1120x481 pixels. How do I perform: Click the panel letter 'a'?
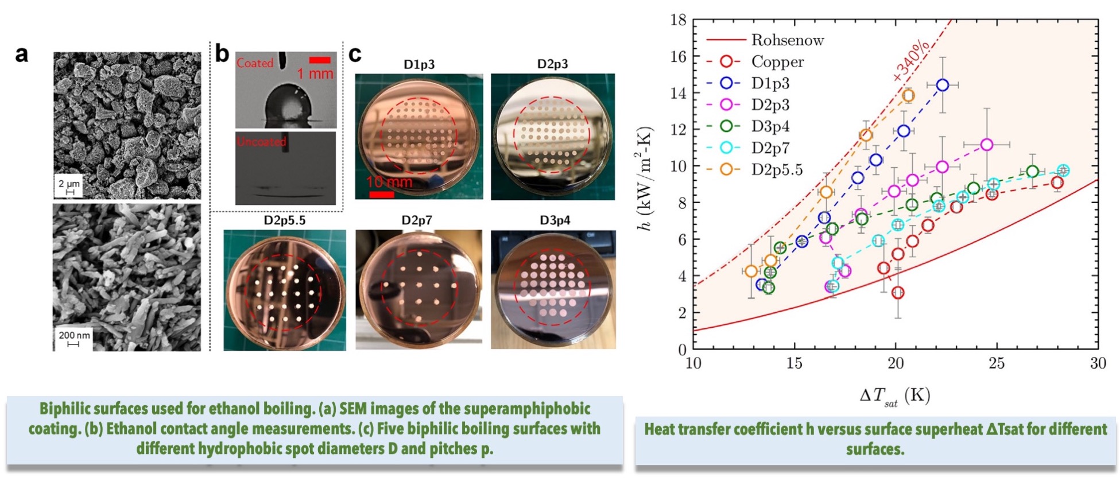point(22,54)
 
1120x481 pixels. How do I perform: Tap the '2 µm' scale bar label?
point(69,184)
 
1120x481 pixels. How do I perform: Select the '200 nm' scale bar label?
point(74,335)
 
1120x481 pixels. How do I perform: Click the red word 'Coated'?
point(255,63)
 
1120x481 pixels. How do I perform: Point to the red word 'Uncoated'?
point(261,141)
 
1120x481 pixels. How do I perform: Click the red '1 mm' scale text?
point(315,73)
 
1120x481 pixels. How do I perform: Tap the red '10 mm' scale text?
point(389,183)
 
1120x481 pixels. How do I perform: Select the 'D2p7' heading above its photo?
point(417,220)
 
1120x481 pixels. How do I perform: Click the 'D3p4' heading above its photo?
point(555,220)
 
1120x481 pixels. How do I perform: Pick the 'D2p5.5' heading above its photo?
point(285,220)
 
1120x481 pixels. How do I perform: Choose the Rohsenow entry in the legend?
point(787,40)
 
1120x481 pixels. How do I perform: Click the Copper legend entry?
point(777,62)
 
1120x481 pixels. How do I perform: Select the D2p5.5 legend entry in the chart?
point(777,170)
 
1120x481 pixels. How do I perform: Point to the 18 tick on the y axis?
point(678,20)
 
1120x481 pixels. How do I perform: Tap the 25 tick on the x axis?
point(997,363)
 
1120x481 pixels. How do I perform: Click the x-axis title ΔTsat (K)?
point(894,396)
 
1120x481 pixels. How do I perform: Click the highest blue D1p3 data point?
point(942,85)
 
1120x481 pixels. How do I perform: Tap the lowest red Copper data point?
point(898,293)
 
